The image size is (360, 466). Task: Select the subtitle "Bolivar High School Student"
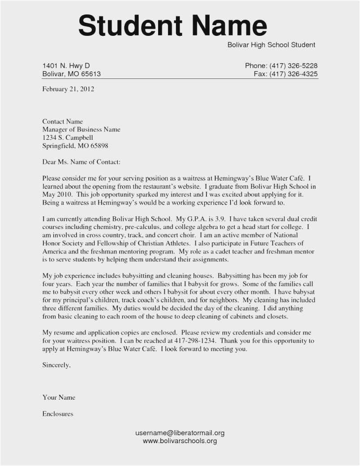[271, 45]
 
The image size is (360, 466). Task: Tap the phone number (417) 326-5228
[294, 66]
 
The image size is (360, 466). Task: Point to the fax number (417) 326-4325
[294, 74]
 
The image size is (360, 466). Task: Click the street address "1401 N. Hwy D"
[66, 66]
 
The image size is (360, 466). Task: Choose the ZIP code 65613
[91, 74]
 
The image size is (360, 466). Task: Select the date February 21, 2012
[68, 89]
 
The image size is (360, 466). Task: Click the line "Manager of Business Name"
[81, 129]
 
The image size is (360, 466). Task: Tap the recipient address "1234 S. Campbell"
[68, 138]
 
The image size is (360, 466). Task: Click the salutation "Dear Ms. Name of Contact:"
[81, 162]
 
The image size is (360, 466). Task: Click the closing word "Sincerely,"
[56, 365]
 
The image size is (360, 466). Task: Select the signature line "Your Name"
[59, 397]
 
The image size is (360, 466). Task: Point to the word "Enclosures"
[57, 414]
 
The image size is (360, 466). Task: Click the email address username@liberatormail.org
[180, 433]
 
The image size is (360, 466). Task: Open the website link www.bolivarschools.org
[180, 441]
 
